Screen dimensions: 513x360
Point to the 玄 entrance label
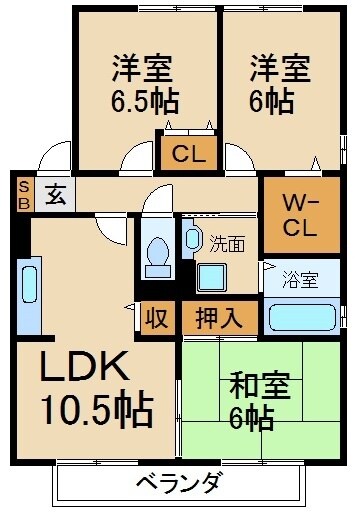click(50, 192)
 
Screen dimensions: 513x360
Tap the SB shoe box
click(23, 192)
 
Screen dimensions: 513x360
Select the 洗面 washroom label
click(225, 241)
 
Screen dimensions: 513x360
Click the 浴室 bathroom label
click(297, 279)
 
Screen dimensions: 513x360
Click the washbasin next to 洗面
click(191, 239)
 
